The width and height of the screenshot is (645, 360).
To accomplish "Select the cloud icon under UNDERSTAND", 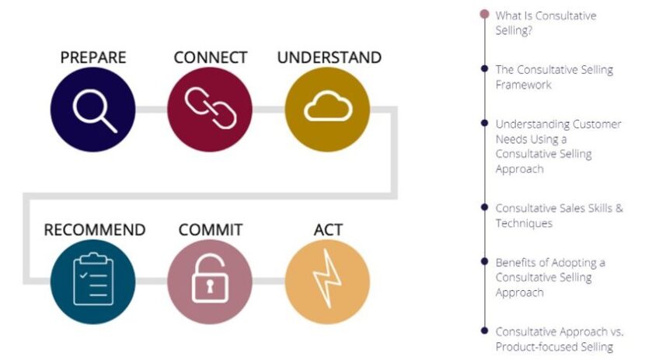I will tap(327, 110).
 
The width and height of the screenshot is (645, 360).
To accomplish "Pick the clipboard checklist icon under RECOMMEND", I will tap(93, 279).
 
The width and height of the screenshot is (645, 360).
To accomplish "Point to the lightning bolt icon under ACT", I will tap(327, 280).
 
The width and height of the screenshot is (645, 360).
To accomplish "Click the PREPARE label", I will tap(93, 58).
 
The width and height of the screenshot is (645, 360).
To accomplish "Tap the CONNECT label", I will tap(210, 58).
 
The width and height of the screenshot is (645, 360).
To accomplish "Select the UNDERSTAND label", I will tap(329, 58).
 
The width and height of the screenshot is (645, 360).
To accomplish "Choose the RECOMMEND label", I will tap(94, 229).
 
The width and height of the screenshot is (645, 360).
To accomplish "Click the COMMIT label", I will tap(210, 229).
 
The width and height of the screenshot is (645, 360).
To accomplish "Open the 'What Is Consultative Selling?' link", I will tap(546, 23).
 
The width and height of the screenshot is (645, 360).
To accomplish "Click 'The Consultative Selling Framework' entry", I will tap(553, 77).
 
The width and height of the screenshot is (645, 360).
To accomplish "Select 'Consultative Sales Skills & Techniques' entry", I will tap(559, 215).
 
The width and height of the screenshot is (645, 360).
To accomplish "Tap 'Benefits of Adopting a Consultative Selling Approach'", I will tap(550, 277).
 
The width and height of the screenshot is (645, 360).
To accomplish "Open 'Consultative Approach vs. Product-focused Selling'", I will tap(559, 338).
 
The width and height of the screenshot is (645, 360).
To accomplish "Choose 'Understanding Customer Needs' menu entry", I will tap(558, 145).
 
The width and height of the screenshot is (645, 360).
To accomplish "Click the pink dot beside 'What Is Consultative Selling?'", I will tap(485, 14).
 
